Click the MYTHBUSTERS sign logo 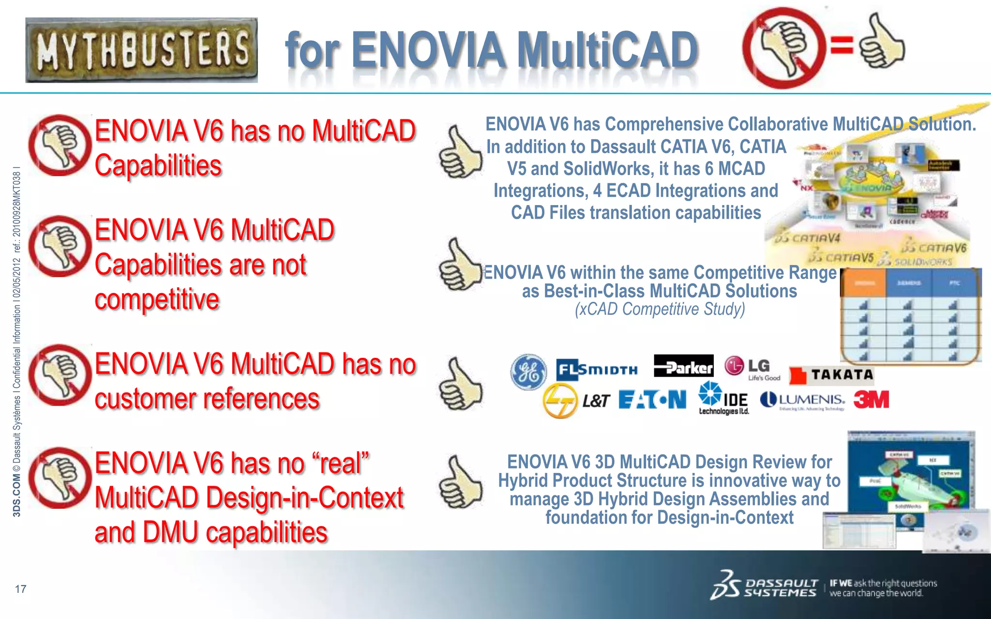(x=141, y=50)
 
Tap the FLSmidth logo (x=597, y=370)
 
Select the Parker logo (x=683, y=366)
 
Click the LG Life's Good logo (x=752, y=368)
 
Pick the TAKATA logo (x=831, y=375)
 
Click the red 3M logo (x=871, y=400)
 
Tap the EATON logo (x=652, y=400)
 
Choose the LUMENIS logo (x=803, y=400)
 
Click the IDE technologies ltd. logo (x=723, y=398)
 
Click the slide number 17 (x=21, y=589)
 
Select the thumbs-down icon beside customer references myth (x=60, y=375)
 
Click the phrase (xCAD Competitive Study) (x=660, y=309)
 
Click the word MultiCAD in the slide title (x=607, y=50)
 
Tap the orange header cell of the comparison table (x=864, y=283)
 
